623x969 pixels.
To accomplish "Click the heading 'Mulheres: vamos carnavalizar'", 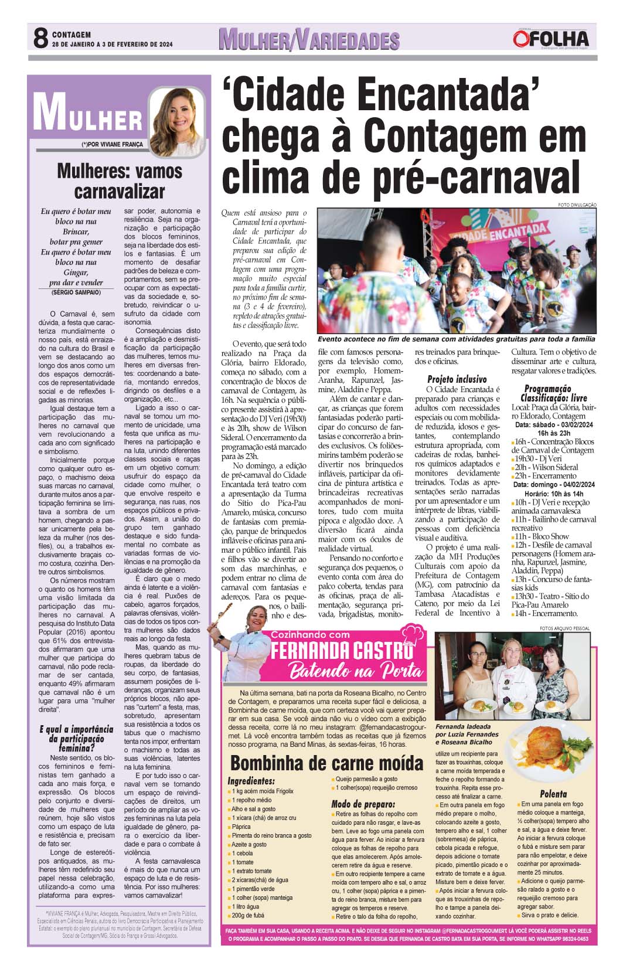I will click(120, 181).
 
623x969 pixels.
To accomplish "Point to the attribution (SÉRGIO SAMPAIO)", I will click(76, 292).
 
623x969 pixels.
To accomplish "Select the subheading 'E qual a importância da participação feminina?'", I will click(76, 739).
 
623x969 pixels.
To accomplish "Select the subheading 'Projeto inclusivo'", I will click(457, 379).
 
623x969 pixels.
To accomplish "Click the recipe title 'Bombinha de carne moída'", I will click(326, 763).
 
